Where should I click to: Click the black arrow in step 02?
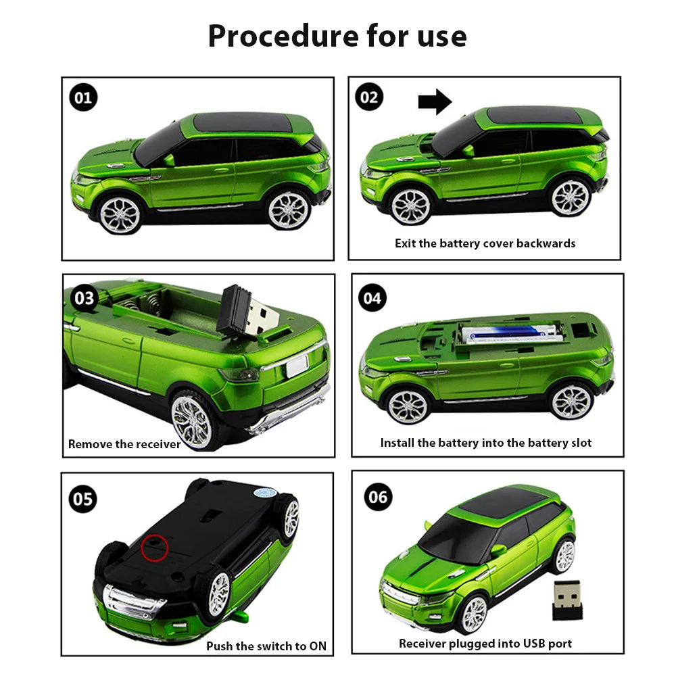click(x=434, y=102)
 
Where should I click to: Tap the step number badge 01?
click(x=83, y=98)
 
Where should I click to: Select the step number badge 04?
click(x=372, y=297)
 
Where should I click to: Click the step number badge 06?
click(x=378, y=498)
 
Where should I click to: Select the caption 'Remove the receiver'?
click(x=124, y=444)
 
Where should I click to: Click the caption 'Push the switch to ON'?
click(x=266, y=646)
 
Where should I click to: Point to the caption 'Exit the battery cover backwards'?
click(x=485, y=243)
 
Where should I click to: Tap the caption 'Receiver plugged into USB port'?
click(x=485, y=643)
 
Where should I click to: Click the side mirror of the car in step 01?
click(x=168, y=160)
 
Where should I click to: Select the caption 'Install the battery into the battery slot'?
click(x=485, y=443)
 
